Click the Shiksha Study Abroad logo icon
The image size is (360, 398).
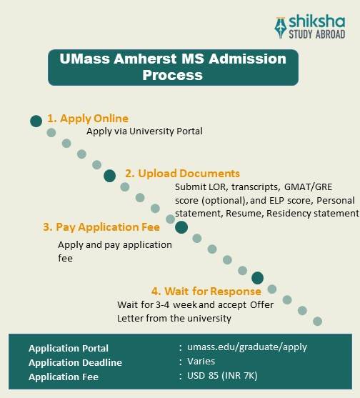click(281, 26)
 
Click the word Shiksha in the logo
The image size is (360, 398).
click(318, 21)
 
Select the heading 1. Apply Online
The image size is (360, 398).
click(87, 119)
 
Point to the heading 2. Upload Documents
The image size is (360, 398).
click(182, 174)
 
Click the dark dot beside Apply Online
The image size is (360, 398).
click(36, 121)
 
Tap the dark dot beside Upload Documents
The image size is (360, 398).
click(109, 175)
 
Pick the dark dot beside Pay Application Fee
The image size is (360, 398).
click(181, 227)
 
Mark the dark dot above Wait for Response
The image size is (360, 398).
click(258, 277)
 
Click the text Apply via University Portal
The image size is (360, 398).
click(145, 131)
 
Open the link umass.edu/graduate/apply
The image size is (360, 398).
click(247, 347)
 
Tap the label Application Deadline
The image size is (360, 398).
click(75, 362)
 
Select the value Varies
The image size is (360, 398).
click(201, 362)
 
